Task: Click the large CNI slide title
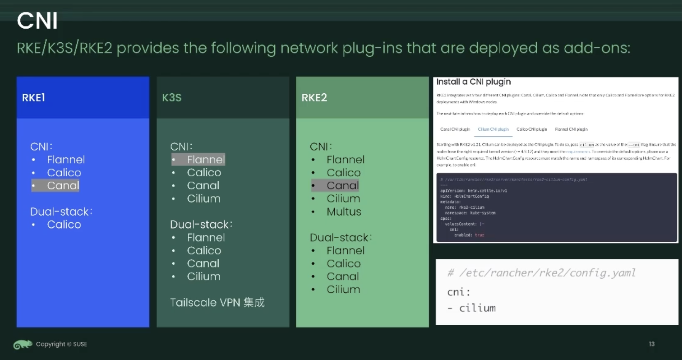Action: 37,21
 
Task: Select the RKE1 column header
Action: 34,98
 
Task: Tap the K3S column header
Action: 172,98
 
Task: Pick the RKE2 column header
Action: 314,98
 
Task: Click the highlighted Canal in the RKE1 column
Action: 63,185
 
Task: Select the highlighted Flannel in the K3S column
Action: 205,160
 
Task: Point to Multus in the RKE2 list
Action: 343,212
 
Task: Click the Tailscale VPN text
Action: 217,302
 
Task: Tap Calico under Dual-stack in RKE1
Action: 64,224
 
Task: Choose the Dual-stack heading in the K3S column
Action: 201,224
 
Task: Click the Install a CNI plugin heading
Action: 473,82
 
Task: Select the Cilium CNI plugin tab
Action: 493,129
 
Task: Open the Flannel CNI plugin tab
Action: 571,129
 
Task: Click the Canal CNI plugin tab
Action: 455,129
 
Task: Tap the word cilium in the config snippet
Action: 477,308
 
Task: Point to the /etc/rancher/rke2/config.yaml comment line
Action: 541,273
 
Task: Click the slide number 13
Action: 652,344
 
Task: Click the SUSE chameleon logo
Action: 22,344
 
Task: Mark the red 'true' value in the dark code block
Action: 480,235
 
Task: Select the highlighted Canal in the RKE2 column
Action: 342,185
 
